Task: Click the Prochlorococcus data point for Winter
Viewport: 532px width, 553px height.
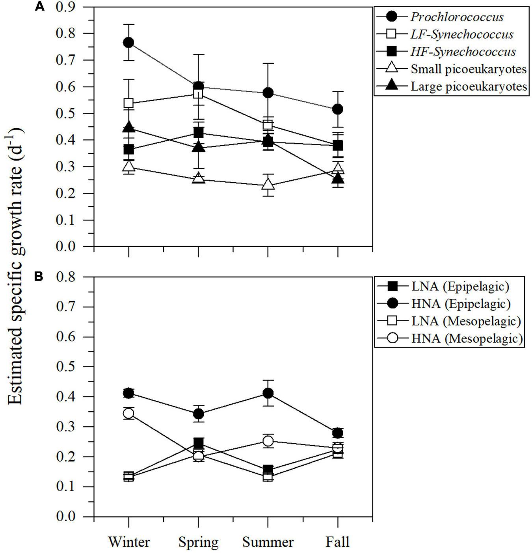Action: [128, 43]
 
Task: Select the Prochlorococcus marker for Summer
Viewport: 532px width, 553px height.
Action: [268, 93]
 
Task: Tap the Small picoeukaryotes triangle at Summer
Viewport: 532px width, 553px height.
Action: [268, 184]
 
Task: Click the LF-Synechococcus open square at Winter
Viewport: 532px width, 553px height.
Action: [128, 104]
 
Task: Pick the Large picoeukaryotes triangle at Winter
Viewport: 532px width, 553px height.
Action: [128, 128]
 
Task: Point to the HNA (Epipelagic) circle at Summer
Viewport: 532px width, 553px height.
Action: [268, 393]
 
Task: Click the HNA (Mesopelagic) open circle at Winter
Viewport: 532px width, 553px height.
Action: [128, 413]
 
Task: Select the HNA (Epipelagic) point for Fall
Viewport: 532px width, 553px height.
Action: [338, 433]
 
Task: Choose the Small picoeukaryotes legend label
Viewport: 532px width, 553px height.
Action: [469, 69]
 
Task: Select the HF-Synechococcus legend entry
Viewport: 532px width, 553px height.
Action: [463, 52]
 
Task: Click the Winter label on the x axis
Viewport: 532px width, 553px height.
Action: [129, 542]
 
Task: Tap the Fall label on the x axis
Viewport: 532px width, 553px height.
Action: [337, 542]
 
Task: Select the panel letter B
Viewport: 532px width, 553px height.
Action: [39, 277]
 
